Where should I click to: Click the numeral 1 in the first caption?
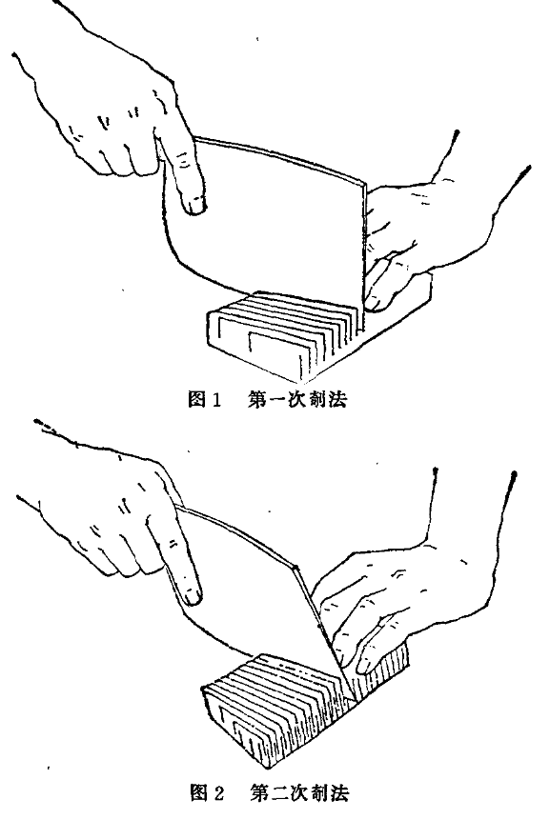pyautogui.click(x=216, y=400)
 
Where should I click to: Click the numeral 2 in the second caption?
pyautogui.click(x=218, y=792)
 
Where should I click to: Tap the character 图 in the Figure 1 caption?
pyautogui.click(x=196, y=400)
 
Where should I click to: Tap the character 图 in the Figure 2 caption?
pyautogui.click(x=199, y=792)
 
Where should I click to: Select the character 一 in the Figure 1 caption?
pyautogui.click(x=276, y=400)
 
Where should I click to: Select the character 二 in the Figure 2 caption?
pyautogui.click(x=278, y=793)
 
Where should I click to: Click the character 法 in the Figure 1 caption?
pyautogui.click(x=338, y=400)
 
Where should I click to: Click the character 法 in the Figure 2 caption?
pyautogui.click(x=339, y=793)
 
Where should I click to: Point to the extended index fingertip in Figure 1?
pyautogui.click(x=196, y=207)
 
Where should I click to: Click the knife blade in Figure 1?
pyautogui.click(x=262, y=220)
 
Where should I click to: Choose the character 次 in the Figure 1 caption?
pyautogui.click(x=296, y=400)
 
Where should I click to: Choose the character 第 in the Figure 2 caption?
pyautogui.click(x=258, y=793)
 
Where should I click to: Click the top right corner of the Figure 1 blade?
pyautogui.click(x=365, y=183)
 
